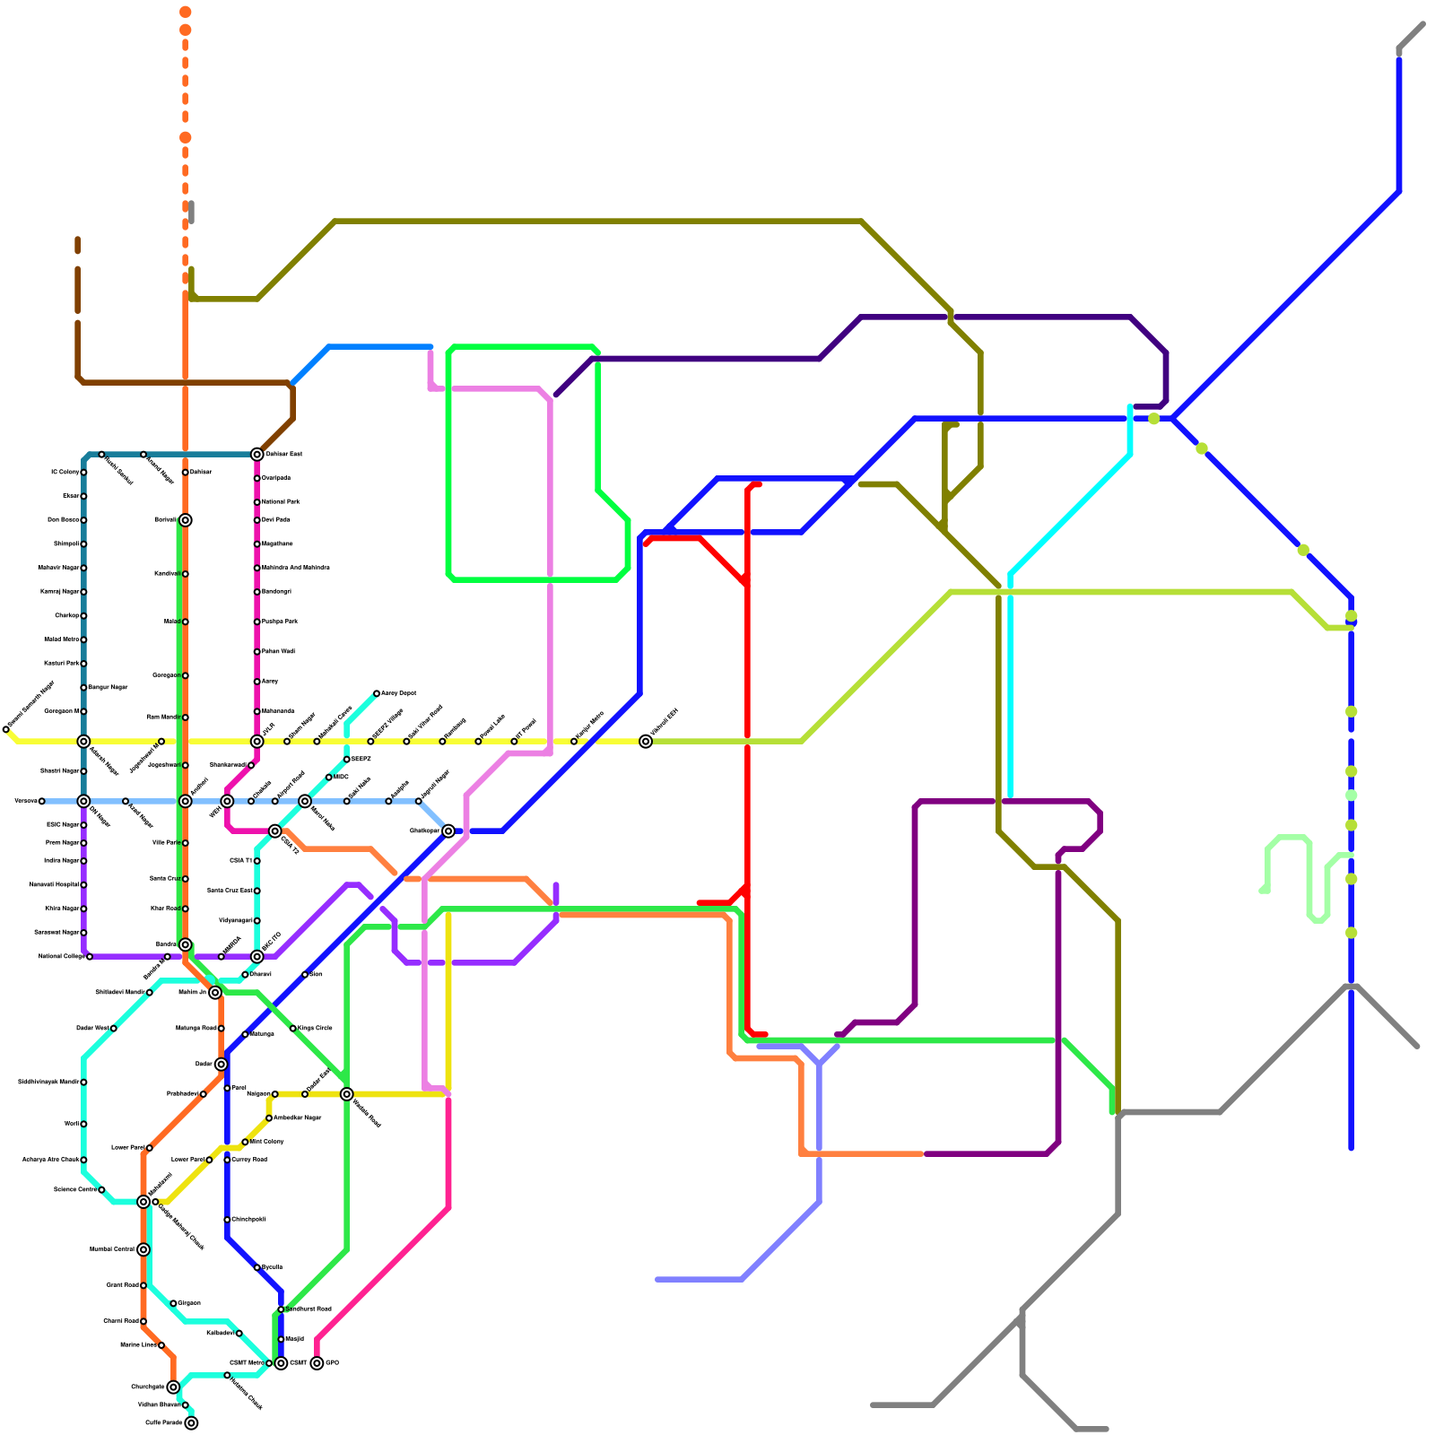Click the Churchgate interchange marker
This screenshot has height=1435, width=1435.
click(x=173, y=1387)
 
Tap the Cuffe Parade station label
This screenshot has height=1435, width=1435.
click(x=164, y=1422)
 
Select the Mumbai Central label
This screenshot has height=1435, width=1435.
click(x=112, y=1249)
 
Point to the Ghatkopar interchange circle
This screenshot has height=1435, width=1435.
click(x=448, y=831)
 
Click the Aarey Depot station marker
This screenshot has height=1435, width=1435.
click(x=377, y=693)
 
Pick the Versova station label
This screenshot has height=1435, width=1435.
click(x=25, y=801)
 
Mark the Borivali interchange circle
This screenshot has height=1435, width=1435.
click(x=185, y=520)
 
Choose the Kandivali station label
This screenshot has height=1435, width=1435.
click(x=167, y=574)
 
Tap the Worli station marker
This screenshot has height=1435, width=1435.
click(x=83, y=1124)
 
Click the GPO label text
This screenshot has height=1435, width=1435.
click(x=332, y=1363)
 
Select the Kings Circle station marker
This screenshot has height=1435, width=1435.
click(x=293, y=1029)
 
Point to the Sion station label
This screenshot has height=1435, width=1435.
click(x=316, y=974)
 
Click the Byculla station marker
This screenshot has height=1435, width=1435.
click(x=257, y=1267)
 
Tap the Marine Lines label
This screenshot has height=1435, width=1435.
click(x=138, y=1344)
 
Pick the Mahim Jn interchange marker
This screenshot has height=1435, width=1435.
click(x=215, y=992)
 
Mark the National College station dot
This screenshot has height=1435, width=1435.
click(x=90, y=957)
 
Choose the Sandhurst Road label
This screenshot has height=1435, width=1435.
click(x=309, y=1309)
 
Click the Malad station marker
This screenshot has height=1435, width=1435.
click(x=185, y=622)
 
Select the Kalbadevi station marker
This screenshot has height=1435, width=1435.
click(x=239, y=1334)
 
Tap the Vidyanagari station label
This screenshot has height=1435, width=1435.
click(x=236, y=921)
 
